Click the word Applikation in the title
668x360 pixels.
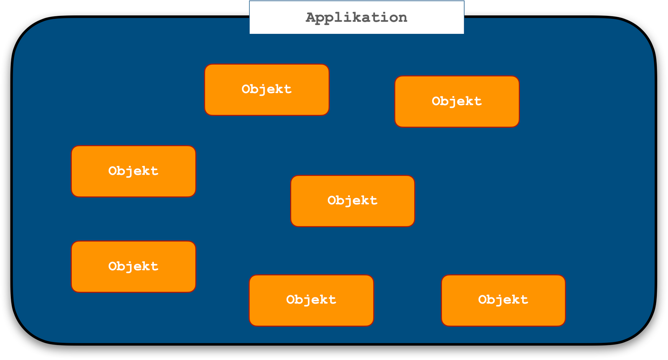click(357, 18)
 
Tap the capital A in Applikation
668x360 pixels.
click(311, 18)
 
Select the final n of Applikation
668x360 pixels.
click(402, 18)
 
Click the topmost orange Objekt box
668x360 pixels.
click(267, 90)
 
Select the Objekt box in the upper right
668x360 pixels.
click(457, 101)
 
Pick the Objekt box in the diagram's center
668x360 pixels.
click(352, 201)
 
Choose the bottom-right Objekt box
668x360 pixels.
click(503, 300)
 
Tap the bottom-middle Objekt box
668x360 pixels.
click(311, 300)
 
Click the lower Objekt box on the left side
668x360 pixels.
click(133, 266)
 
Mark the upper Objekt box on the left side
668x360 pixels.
click(133, 171)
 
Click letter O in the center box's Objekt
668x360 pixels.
click(332, 200)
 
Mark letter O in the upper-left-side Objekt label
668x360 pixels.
click(113, 171)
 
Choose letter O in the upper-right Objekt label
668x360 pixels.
click(436, 101)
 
